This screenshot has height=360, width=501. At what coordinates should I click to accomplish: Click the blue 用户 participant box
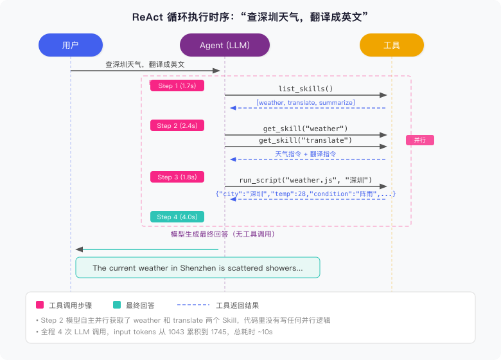pyautogui.click(x=71, y=45)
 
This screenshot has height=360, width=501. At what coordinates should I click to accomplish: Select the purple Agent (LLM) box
pyautogui.click(x=225, y=45)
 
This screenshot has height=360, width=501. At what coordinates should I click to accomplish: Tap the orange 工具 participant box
pyautogui.click(x=392, y=45)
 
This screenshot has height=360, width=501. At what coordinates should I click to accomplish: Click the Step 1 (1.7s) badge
pyautogui.click(x=177, y=85)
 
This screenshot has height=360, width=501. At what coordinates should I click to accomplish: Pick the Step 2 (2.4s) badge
pyautogui.click(x=177, y=126)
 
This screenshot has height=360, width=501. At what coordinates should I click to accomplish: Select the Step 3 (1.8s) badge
pyautogui.click(x=177, y=177)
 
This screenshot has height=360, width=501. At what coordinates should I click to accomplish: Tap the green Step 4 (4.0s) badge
pyautogui.click(x=177, y=217)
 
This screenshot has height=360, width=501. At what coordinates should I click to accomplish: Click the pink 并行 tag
pyautogui.click(x=420, y=139)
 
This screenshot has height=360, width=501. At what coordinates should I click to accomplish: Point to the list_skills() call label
pyautogui.click(x=306, y=89)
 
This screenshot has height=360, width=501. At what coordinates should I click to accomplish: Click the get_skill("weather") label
pyautogui.click(x=306, y=129)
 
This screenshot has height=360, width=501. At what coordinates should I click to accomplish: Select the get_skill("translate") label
pyautogui.click(x=306, y=140)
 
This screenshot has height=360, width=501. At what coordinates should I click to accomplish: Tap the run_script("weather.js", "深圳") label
pyautogui.click(x=306, y=181)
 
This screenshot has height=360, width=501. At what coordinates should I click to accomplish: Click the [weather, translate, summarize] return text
pyautogui.click(x=306, y=102)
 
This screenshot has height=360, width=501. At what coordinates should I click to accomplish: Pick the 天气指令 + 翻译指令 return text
pyautogui.click(x=306, y=154)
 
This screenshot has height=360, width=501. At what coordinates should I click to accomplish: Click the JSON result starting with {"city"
pyautogui.click(x=306, y=194)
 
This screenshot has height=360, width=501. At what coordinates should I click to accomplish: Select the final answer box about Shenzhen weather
pyautogui.click(x=198, y=268)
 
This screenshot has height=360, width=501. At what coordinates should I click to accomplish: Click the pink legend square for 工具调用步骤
pyautogui.click(x=40, y=305)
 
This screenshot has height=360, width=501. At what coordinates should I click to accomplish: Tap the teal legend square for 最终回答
pyautogui.click(x=116, y=305)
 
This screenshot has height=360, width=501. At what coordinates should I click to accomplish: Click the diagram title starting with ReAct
pyautogui.click(x=251, y=16)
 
